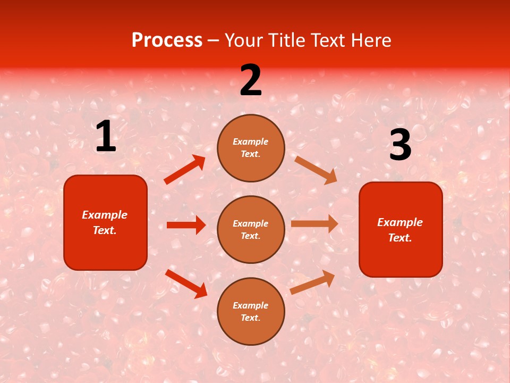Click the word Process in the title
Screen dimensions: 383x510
tap(167, 40)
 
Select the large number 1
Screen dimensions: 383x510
tap(106, 137)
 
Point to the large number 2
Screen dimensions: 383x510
tap(251, 80)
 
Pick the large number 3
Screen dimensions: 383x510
tap(400, 146)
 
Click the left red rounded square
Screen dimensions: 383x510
tap(105, 222)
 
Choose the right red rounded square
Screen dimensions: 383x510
tap(401, 229)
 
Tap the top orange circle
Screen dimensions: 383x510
tap(251, 148)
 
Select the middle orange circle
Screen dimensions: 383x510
tap(251, 229)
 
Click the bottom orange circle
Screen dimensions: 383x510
tap(251, 311)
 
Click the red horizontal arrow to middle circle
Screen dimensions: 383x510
tap(186, 225)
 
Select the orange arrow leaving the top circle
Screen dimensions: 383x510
tap(316, 170)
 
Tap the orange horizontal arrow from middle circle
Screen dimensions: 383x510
tap(314, 223)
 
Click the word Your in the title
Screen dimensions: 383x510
tap(243, 40)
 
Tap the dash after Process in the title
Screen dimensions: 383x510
tap(213, 40)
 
